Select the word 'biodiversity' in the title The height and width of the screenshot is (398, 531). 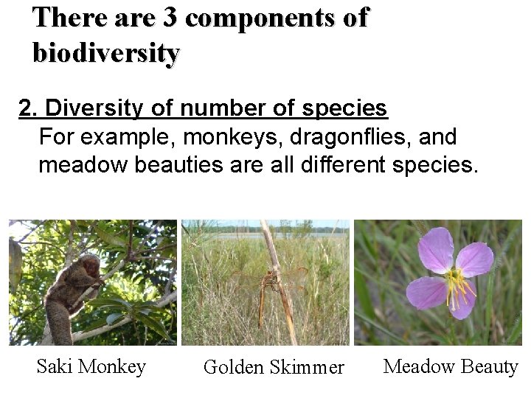105,53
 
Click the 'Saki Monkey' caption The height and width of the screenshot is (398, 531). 91,366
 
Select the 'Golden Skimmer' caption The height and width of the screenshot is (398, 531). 274,367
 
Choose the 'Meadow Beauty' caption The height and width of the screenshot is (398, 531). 451,366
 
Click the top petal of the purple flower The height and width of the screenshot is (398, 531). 436,249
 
